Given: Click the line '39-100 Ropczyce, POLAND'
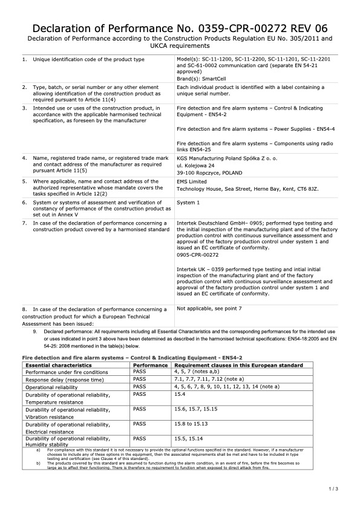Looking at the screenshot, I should [x=209, y=172].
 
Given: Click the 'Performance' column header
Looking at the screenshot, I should [x=150, y=366].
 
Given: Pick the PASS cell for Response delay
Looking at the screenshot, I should [x=140, y=379].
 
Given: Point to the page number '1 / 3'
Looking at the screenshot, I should [x=333, y=488].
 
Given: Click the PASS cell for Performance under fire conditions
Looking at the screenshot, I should [x=140, y=372].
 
